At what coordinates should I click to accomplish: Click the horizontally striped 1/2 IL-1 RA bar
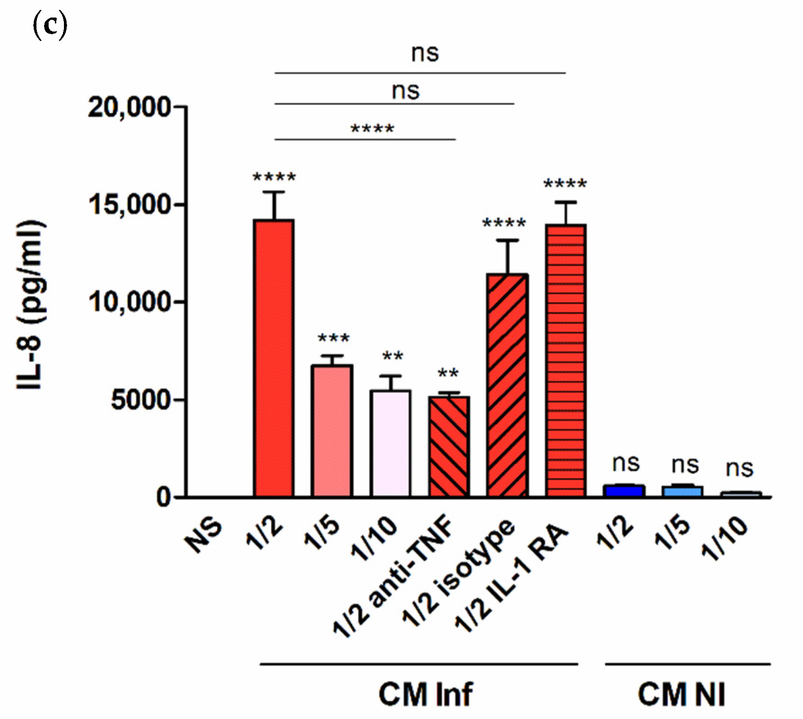coord(565,360)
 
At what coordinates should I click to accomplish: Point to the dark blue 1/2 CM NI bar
coord(624,490)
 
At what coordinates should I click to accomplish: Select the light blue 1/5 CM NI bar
coord(682,491)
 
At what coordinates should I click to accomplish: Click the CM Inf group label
coord(425,694)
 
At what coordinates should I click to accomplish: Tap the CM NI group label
coord(681,694)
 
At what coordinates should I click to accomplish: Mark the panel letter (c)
coord(50,26)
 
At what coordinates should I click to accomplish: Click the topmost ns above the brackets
coord(424,53)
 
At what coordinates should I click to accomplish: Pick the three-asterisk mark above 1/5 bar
coord(333,338)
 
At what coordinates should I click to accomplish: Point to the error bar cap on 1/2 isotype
coord(508,241)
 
